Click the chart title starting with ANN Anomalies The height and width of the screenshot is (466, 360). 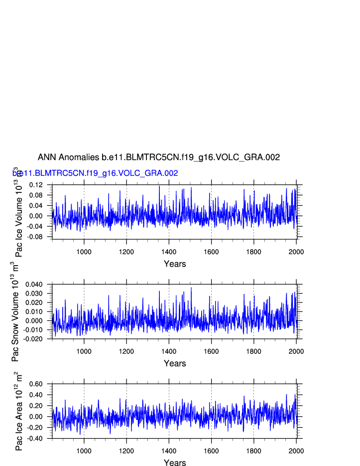click(159, 157)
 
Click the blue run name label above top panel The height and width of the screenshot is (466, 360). click(95, 173)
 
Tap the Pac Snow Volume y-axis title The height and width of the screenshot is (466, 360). click(15, 311)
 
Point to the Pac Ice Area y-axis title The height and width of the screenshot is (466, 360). click(18, 411)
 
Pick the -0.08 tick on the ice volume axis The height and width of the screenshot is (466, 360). click(35, 237)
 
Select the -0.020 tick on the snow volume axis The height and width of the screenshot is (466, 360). click(33, 339)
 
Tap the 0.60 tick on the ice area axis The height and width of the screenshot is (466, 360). click(36, 384)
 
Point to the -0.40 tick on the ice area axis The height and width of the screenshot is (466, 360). click(35, 439)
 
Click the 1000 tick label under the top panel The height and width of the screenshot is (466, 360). click(84, 251)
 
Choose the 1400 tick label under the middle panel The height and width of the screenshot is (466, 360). click(169, 351)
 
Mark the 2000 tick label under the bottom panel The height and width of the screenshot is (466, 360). click(296, 451)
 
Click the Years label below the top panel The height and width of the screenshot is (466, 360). click(175, 264)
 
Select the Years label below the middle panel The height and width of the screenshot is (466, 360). click(175, 364)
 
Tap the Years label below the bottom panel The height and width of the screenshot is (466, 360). click(175, 463)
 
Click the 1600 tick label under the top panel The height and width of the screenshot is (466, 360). click(211, 251)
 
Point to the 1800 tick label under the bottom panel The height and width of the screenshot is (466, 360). click(253, 451)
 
